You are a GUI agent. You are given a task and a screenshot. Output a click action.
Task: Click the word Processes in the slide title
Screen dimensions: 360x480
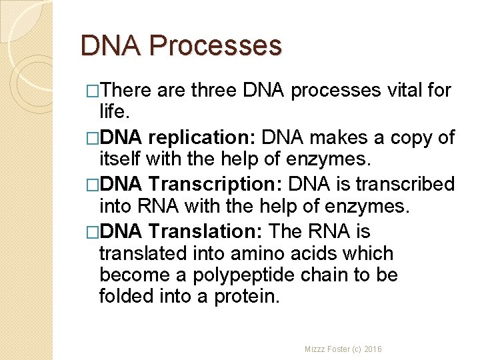216,46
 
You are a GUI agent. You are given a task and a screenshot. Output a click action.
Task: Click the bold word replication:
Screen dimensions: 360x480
203,138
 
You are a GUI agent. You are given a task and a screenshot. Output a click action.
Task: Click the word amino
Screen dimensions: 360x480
251,254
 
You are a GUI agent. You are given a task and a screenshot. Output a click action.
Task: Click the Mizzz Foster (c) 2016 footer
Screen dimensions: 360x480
344,349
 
